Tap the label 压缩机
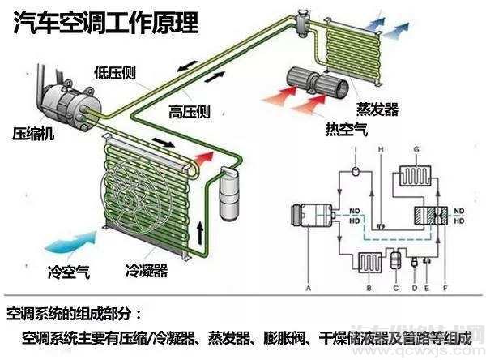33,132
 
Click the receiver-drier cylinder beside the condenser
228,194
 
